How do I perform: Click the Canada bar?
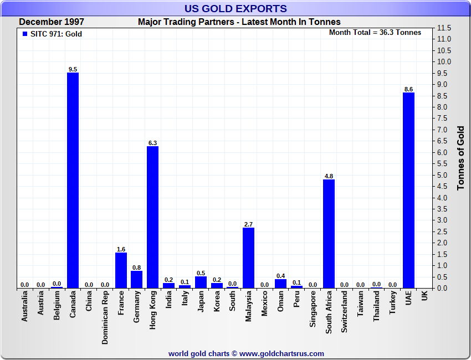[73, 180]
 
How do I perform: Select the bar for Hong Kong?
[153, 217]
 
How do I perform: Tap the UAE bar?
[408, 190]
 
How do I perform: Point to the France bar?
[121, 270]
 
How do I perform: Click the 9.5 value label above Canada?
[73, 69]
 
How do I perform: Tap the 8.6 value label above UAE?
[408, 89]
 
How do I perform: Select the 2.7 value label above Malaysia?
[249, 224]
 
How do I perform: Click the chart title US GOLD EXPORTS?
[235, 8]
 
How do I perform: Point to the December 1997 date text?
[52, 22]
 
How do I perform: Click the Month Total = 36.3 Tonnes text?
[375, 32]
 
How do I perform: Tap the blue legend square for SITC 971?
[24, 34]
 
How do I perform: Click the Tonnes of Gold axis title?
[460, 158]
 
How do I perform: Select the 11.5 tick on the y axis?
[444, 28]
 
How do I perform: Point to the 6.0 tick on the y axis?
[444, 152]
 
